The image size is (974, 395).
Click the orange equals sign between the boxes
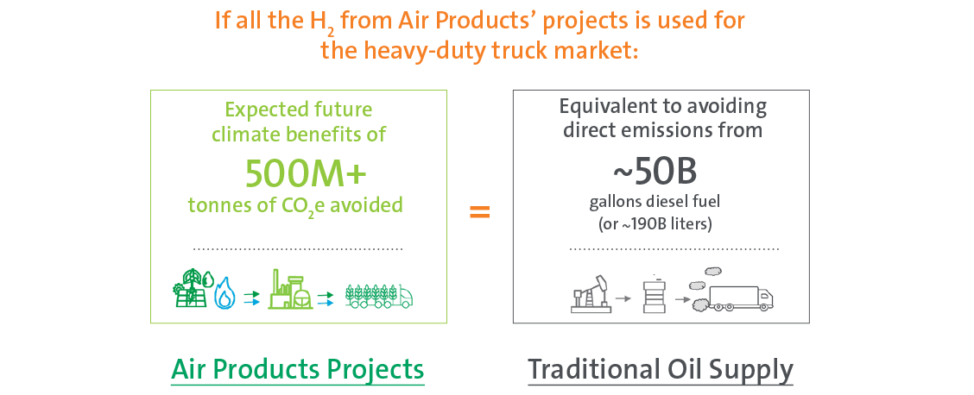pyautogui.click(x=479, y=213)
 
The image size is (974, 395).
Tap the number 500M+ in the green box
pyautogui.click(x=306, y=173)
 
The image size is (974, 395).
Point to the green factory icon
pyautogui.click(x=291, y=290)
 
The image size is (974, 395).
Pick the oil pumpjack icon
pyautogui.click(x=590, y=293)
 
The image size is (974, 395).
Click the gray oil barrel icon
pyautogui.click(x=651, y=294)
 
